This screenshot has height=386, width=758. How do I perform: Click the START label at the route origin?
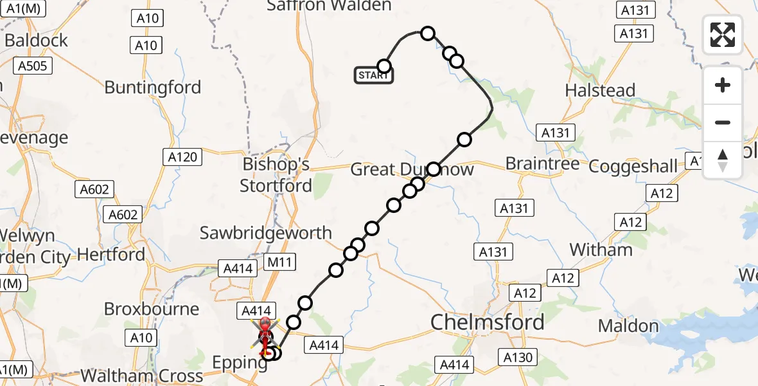[x=373, y=76]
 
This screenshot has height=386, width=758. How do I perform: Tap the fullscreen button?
[x=723, y=35]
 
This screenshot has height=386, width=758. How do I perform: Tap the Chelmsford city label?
[x=488, y=322]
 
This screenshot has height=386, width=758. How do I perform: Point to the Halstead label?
[x=600, y=90]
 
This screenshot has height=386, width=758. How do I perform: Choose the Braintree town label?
[x=542, y=164]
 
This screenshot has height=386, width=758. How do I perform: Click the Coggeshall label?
[x=633, y=166]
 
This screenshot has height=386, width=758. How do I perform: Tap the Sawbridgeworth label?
[x=265, y=233]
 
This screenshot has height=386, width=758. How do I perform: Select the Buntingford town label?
[x=153, y=87]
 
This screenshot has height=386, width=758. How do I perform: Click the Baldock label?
[x=36, y=41]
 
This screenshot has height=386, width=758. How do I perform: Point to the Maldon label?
[x=628, y=326]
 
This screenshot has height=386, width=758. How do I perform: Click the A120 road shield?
[x=184, y=156]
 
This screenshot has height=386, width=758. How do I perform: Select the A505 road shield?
[x=32, y=65]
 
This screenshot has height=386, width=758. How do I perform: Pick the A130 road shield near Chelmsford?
[x=518, y=357]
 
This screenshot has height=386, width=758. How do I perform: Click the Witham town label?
[x=601, y=250]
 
